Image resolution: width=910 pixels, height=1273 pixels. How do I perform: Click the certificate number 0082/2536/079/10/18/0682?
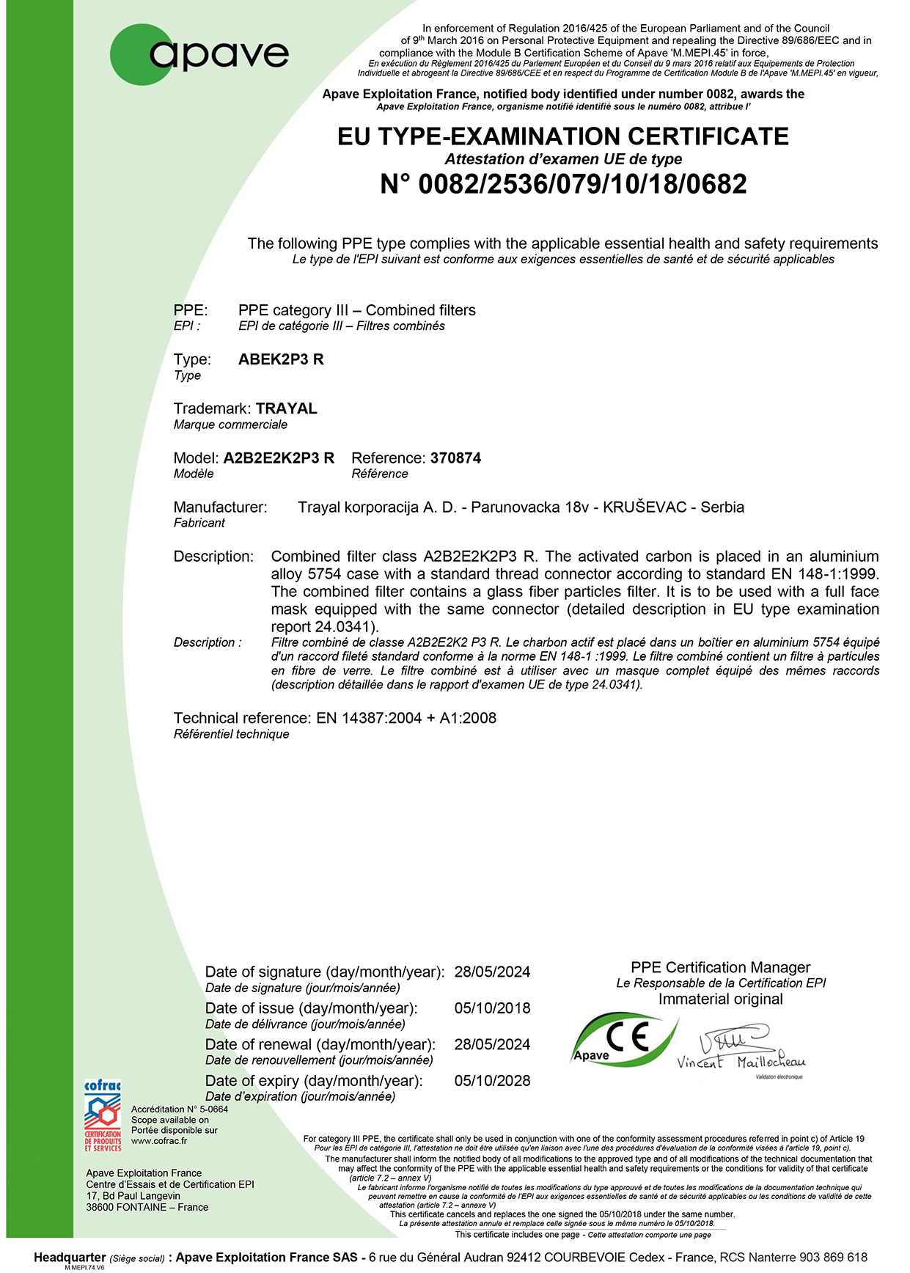pos(563,184)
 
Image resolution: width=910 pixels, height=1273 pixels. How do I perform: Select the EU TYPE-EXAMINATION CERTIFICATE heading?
pos(563,136)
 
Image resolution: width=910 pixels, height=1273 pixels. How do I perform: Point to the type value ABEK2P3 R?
pos(281,359)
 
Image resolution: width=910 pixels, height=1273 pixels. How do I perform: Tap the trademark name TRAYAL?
pos(287,408)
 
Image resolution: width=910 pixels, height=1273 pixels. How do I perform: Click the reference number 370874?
pos(455,458)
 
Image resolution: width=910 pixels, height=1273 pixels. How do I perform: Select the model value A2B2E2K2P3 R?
pos(279,458)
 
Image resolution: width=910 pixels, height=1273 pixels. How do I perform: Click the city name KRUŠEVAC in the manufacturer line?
pos(645,507)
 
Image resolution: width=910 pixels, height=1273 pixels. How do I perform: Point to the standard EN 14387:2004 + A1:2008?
pos(406,718)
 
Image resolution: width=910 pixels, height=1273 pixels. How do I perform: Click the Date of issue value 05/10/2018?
pos(492,1008)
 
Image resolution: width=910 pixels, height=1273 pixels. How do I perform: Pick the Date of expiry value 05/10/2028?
pos(492,1081)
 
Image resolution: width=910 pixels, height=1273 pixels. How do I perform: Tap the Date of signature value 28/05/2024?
pos(492,972)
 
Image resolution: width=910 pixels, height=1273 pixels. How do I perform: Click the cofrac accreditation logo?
pos(103,1115)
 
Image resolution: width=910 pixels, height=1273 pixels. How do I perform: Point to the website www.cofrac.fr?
pos(159,1141)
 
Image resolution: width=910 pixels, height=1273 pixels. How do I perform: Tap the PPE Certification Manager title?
pos(720,967)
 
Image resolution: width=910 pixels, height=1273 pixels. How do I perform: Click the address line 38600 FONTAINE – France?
pos(147,1207)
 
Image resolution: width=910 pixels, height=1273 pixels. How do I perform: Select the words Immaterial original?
pos(720,999)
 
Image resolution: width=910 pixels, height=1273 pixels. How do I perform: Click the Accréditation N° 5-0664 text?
pos(180,1109)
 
